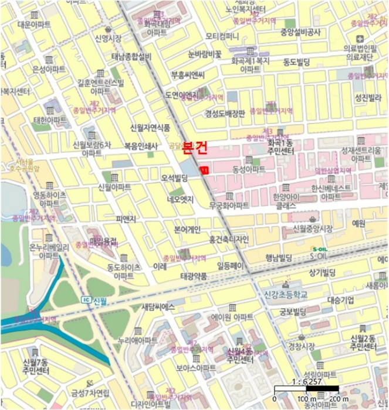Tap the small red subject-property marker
(x=204, y=170)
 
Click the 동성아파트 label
(x=249, y=169)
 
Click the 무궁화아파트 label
(x=229, y=206)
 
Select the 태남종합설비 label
(x=131, y=56)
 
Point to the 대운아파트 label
(x=33, y=25)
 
